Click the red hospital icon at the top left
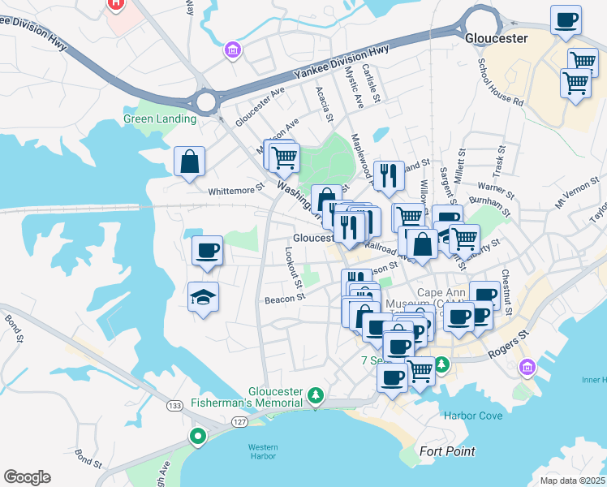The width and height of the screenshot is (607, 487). point(116,4)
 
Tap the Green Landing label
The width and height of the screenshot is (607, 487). point(160,119)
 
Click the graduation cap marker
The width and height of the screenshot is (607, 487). point(204,298)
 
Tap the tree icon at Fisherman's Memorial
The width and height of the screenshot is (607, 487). point(316,397)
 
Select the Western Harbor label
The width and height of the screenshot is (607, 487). point(263,452)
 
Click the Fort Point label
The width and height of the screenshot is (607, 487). point(447,451)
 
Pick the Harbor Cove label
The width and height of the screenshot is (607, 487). point(473,416)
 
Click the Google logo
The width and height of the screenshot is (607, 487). point(27,476)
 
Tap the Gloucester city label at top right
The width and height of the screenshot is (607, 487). point(497,38)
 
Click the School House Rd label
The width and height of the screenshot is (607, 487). point(500,82)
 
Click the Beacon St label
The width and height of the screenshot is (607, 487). point(283,300)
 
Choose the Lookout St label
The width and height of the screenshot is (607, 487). point(293,267)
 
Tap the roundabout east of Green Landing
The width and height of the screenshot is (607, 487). point(206,102)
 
